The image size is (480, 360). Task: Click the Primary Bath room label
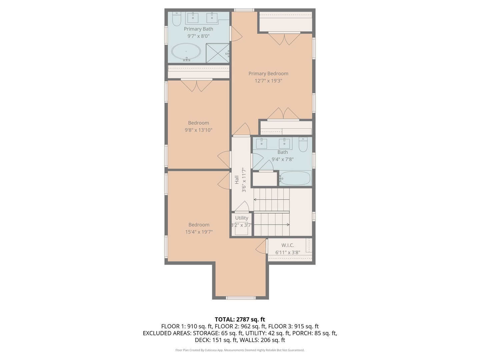(x=198, y=29)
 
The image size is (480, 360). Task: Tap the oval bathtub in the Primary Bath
(x=186, y=52)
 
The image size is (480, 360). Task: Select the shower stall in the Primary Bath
(x=218, y=53)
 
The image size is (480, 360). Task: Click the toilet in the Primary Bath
(x=176, y=19)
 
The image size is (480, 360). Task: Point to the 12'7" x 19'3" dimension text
(x=268, y=81)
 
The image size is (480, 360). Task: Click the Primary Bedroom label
(x=268, y=74)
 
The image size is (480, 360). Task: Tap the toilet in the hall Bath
(x=303, y=144)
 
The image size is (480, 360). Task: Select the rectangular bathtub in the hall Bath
(x=295, y=178)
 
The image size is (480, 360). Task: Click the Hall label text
(x=237, y=180)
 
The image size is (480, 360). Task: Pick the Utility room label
(x=242, y=218)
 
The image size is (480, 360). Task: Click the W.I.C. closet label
(x=288, y=245)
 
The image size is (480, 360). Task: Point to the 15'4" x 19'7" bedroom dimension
(x=199, y=232)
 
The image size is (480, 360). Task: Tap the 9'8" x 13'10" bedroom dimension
(x=198, y=130)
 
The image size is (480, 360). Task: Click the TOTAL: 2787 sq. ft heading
(x=240, y=319)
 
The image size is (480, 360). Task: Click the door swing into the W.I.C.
(x=262, y=246)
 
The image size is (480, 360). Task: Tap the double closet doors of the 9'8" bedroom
(x=197, y=85)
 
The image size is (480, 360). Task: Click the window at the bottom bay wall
(x=241, y=298)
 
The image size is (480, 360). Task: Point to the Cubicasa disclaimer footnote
(x=240, y=350)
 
